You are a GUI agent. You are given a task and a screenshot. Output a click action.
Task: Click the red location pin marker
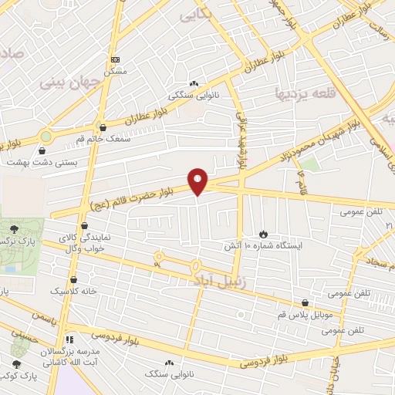click(198, 181)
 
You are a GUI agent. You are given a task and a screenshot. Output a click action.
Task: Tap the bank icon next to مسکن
click(115, 59)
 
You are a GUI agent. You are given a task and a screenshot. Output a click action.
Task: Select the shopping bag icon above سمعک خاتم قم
click(103, 128)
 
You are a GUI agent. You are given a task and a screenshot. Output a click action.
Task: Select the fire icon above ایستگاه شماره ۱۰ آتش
click(263, 232)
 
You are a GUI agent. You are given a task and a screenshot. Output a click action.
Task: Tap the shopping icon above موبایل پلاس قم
click(306, 303)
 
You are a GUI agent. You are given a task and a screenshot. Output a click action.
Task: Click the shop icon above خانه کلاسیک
click(73, 280)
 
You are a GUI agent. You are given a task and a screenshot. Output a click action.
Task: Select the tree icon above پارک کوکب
click(17, 363)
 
